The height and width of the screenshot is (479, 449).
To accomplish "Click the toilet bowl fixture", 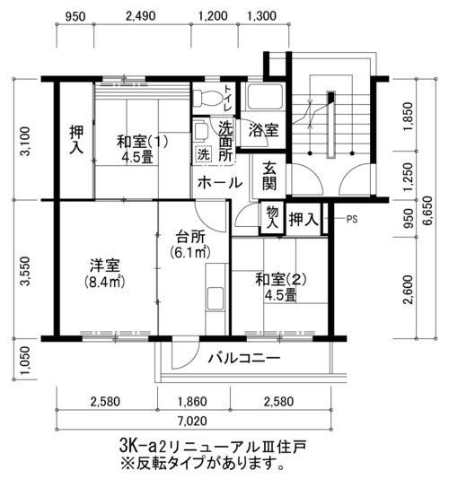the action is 208,98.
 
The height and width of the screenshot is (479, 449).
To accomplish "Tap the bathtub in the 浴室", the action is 265,97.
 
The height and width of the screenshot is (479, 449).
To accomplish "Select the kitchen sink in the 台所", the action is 216,299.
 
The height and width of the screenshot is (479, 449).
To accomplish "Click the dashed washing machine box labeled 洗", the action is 203,154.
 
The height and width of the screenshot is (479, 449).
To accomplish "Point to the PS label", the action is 352,219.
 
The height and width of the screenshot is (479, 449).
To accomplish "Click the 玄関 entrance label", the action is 269,177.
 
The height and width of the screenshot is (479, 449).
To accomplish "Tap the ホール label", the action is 220,183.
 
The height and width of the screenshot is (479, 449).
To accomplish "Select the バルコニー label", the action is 244,358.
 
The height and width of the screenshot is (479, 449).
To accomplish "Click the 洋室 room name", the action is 105,265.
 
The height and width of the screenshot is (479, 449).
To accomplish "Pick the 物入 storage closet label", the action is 272,216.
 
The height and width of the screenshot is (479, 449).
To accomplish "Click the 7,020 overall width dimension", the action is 192,421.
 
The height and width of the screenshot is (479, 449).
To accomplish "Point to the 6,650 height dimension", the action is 427,211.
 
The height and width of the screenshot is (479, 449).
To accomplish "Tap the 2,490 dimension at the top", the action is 141,16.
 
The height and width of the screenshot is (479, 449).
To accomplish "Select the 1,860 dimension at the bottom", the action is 192,401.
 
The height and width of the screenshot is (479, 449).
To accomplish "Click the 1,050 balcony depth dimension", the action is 25,361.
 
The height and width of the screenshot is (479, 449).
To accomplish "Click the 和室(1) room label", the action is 142,142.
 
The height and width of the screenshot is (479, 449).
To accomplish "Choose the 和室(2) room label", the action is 281,280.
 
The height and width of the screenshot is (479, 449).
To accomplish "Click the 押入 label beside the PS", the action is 304,220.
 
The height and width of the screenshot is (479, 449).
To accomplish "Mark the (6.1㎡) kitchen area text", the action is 190,252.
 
